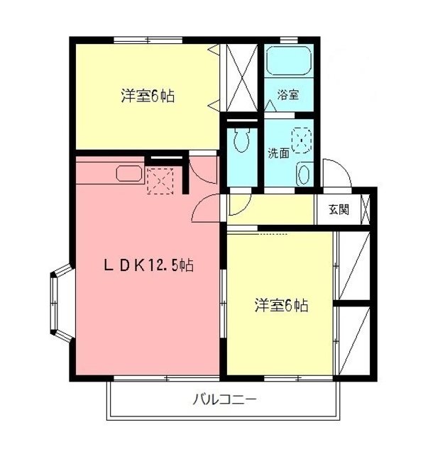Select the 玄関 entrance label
tap(339, 209)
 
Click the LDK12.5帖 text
tap(149, 266)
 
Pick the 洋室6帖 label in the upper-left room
tap(148, 96)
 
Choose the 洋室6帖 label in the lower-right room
tap(282, 306)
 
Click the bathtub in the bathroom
tap(289, 65)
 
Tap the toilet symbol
tap(239, 139)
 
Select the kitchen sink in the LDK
tap(129, 175)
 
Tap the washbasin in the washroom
tap(304, 173)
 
